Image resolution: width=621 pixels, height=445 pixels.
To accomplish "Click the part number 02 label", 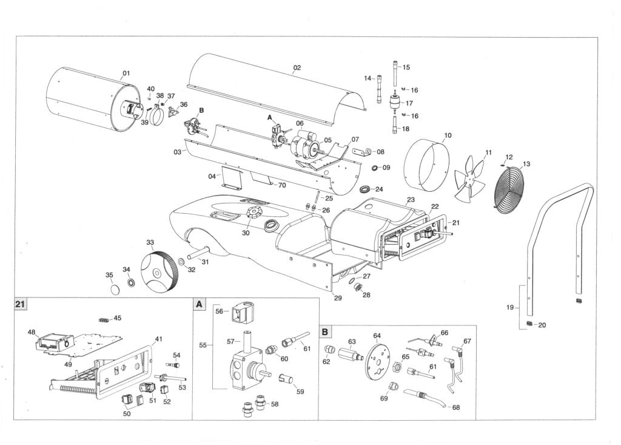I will pos(297,68).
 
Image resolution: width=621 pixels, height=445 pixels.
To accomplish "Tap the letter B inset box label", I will pos(326,331).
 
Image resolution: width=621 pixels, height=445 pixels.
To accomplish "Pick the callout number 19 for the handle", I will pos(510,307).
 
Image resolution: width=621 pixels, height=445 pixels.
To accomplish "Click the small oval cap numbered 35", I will pos(112,290).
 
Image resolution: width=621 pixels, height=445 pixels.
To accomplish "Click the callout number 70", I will pos(281,185).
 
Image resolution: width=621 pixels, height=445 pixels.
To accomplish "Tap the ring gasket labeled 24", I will pos(366,189).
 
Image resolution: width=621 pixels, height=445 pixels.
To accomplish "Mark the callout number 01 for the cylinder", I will pos(126,73).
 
